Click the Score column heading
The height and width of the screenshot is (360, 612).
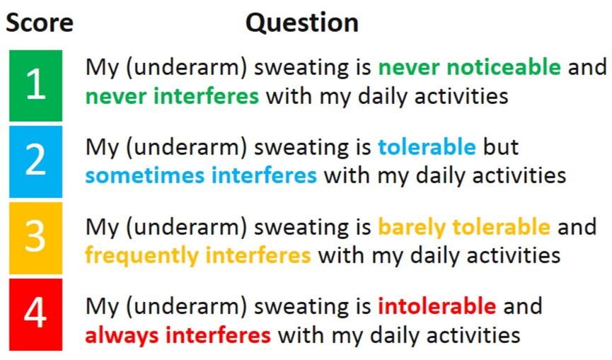point(40,22)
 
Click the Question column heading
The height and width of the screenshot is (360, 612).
point(302,23)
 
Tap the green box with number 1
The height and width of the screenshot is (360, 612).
point(35,86)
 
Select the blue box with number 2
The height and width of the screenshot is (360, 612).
point(35,161)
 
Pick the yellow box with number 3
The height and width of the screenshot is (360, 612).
point(35,238)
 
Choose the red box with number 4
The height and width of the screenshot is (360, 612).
point(35,314)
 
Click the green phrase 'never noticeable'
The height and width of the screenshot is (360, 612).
point(470,67)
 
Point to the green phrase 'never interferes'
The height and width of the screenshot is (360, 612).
point(172,96)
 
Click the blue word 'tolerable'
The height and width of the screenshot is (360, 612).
point(427,146)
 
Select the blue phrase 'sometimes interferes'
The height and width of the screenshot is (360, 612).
point(201,175)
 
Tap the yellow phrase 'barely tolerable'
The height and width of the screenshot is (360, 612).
point(464,227)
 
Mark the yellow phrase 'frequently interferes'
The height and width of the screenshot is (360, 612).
point(198,256)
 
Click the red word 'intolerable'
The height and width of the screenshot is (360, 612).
point(437,306)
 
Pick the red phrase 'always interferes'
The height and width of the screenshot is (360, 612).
point(178,335)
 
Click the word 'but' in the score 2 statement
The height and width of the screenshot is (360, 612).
point(501,146)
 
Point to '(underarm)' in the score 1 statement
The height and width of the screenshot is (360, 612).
point(187,68)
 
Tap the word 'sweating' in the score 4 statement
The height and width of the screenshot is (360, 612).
point(301,307)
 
